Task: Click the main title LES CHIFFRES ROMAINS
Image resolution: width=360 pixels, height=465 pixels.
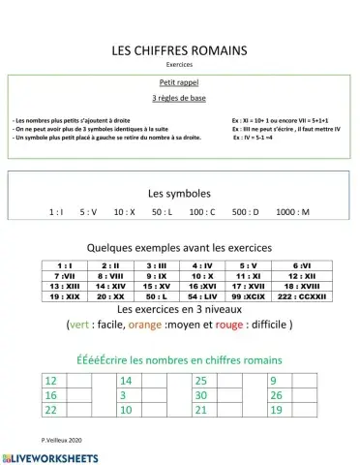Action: pos(180,49)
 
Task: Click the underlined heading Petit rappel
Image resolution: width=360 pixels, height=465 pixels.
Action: pos(179,83)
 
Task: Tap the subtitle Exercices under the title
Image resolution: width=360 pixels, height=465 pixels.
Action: pos(179,65)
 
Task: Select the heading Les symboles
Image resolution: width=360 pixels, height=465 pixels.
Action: pos(179,193)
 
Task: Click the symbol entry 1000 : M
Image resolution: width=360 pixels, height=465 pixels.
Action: pos(292,211)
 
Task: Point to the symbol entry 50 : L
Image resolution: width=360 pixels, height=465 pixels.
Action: pos(161,211)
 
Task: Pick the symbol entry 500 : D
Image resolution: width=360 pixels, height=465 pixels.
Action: pos(246,211)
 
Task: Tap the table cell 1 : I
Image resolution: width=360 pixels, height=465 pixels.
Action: pos(66,265)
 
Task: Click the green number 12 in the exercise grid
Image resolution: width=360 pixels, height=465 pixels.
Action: pos(52,381)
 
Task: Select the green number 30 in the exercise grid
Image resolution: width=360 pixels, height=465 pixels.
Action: pos(201,395)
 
